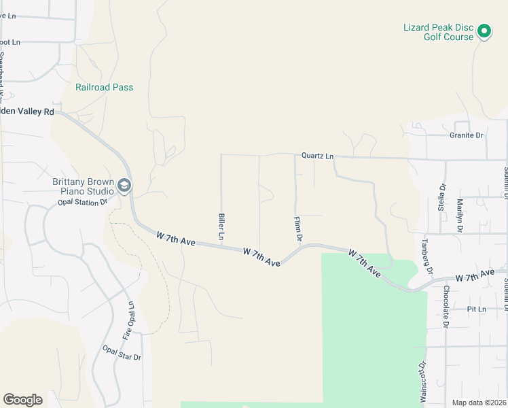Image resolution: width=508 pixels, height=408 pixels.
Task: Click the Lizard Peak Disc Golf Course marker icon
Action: coord(484,31)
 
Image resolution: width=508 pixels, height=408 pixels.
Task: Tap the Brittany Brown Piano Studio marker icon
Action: coord(124,185)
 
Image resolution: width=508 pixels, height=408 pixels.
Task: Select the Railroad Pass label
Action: coord(104,87)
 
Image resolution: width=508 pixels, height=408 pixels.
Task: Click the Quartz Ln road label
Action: coord(318,156)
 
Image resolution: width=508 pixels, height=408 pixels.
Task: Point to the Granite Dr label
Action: coord(467,135)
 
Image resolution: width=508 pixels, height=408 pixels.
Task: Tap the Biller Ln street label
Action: coord(221,226)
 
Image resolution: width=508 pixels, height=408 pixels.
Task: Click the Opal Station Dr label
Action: coord(83,202)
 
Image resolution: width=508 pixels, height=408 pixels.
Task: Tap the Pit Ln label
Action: coord(477,309)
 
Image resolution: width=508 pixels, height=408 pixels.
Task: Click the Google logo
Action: coord(23,400)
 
